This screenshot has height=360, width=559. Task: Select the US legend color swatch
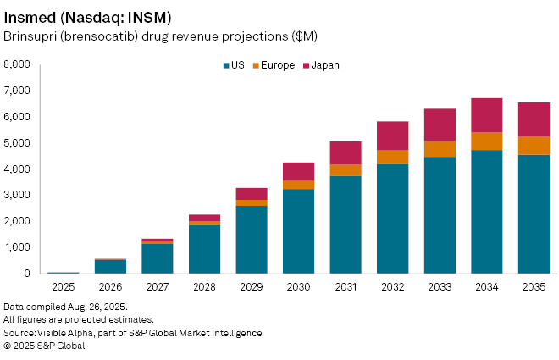[227, 65]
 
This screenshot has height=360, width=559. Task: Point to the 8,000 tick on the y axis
[17, 64]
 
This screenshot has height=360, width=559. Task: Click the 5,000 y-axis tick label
[17, 143]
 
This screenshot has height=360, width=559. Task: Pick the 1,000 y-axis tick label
[17, 247]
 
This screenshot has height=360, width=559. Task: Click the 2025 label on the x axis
[63, 287]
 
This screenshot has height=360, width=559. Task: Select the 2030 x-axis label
[298, 287]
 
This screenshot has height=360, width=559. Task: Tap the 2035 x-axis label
[534, 287]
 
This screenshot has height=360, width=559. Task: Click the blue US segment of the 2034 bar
[486, 212]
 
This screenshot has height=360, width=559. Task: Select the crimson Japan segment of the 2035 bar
[534, 119]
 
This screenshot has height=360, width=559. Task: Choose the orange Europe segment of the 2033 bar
[440, 149]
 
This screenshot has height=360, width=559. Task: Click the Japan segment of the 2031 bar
[346, 152]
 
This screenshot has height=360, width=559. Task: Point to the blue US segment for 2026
[110, 267]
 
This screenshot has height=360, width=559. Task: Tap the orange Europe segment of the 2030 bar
[298, 185]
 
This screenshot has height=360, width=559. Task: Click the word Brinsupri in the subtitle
[28, 36]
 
